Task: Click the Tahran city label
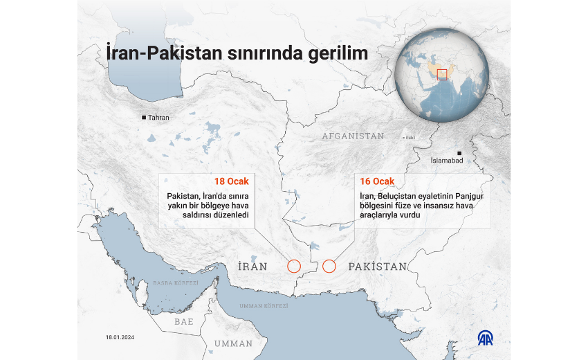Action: pyautogui.click(x=158, y=118)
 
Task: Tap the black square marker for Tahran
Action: pyautogui.click(x=144, y=118)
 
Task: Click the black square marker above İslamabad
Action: pyautogui.click(x=458, y=152)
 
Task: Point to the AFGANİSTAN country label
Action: pyautogui.click(x=352, y=136)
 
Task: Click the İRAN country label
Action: pyautogui.click(x=252, y=266)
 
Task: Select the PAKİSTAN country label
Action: pyautogui.click(x=377, y=266)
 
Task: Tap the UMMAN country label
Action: pyautogui.click(x=233, y=343)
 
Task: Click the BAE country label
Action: pyautogui.click(x=184, y=322)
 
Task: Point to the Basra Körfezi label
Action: pyautogui.click(x=176, y=283)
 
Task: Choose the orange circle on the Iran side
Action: pyautogui.click(x=293, y=266)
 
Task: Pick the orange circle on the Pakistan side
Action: pyautogui.click(x=329, y=266)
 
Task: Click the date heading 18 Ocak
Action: pyautogui.click(x=231, y=181)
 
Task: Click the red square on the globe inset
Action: pyautogui.click(x=443, y=75)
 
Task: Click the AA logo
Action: pyautogui.click(x=486, y=338)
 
